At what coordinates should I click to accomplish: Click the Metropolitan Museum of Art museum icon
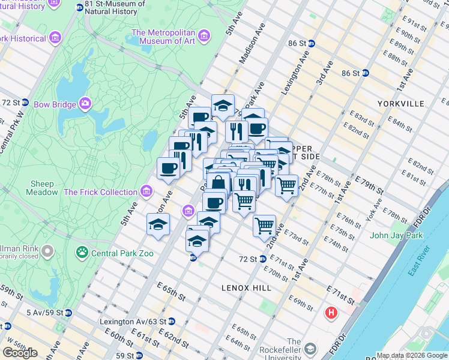point(205,37)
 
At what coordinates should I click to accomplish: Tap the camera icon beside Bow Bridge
point(85,104)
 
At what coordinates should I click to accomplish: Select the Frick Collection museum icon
point(146,192)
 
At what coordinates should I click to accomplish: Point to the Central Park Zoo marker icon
point(82,253)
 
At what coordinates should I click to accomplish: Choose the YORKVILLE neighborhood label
point(401,104)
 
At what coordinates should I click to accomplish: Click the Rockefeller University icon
point(310,349)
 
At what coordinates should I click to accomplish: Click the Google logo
point(20,353)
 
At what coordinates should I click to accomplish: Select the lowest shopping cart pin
point(264,226)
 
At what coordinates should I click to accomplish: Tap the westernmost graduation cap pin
point(158,225)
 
